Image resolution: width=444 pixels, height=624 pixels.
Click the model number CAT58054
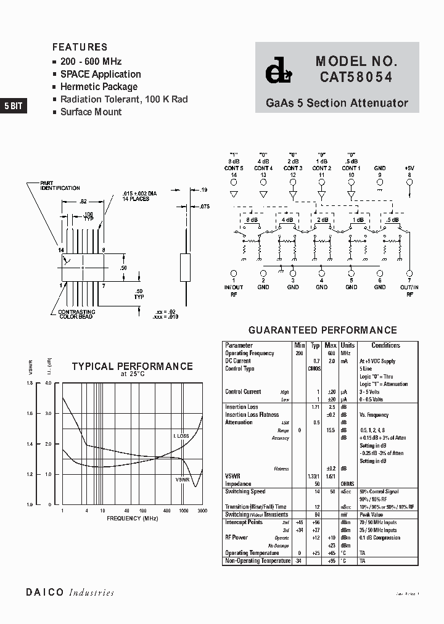tap(356, 77)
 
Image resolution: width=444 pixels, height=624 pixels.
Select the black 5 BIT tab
tap(14, 105)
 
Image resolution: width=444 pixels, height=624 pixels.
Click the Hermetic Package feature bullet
tap(99, 87)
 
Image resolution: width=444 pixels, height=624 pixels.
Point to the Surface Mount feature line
tap(91, 112)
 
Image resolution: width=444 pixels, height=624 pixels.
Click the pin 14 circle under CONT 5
tap(234, 182)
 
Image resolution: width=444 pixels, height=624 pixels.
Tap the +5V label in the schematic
tap(409, 168)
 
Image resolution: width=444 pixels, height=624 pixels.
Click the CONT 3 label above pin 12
tap(292, 168)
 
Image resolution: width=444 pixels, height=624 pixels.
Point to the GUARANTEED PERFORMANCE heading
tap(323, 330)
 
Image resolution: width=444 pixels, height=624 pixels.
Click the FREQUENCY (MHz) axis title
tap(133, 519)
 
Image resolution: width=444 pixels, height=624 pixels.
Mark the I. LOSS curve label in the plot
tap(181, 436)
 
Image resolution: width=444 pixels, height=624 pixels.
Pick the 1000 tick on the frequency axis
tap(184, 511)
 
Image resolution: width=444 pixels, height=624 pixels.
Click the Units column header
tap(348, 345)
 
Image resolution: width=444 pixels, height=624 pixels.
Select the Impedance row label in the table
tap(239, 484)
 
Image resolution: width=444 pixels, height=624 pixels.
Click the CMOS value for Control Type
tap(314, 369)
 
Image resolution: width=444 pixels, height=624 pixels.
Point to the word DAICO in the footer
tap(44, 593)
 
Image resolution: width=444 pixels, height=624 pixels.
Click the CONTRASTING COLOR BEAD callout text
tap(76, 314)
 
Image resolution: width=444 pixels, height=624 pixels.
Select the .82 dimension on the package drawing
tap(83, 202)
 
